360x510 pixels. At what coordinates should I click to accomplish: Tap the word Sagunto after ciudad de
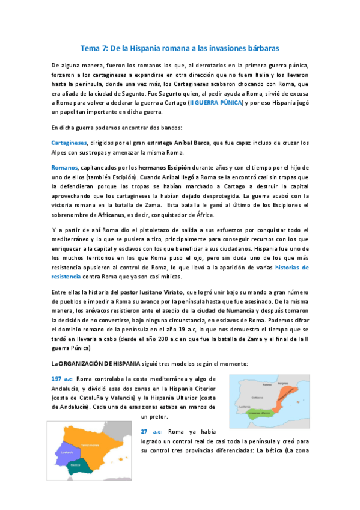pos(150,94)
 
